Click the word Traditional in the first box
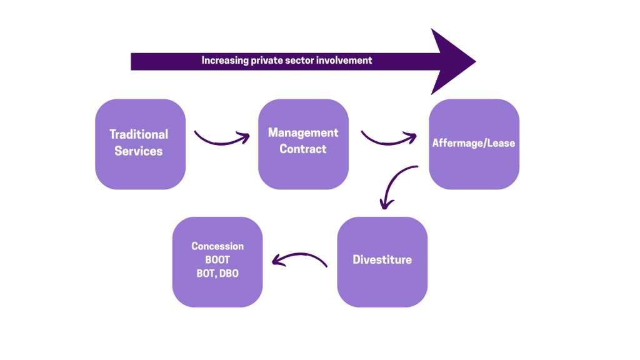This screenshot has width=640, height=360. pyautogui.click(x=139, y=134)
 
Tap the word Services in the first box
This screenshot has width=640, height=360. pyautogui.click(x=139, y=151)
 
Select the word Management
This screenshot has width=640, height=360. pyautogui.click(x=303, y=132)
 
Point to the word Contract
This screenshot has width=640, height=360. pyautogui.click(x=303, y=149)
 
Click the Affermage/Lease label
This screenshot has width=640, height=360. pyautogui.click(x=474, y=143)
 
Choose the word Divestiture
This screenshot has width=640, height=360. pyautogui.click(x=382, y=260)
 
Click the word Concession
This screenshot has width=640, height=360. pyautogui.click(x=217, y=246)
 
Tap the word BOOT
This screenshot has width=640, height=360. pyautogui.click(x=217, y=259)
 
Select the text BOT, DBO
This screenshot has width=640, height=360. pyautogui.click(x=217, y=274)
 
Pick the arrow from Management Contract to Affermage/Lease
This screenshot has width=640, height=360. pyautogui.click(x=388, y=139)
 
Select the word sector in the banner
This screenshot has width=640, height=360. pyautogui.click(x=301, y=61)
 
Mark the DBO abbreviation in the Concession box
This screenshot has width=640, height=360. pyautogui.click(x=229, y=274)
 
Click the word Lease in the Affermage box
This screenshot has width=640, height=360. pyautogui.click(x=502, y=143)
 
